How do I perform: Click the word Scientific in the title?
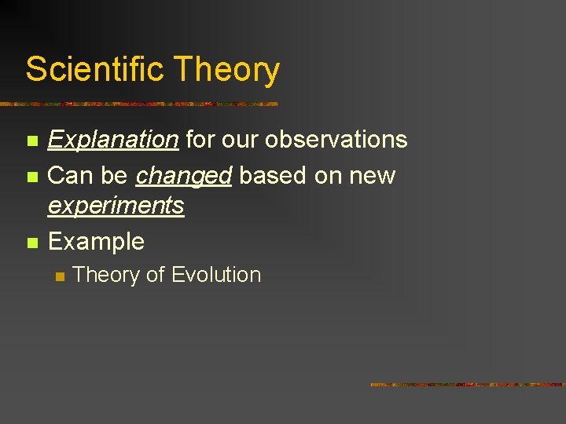point(95,69)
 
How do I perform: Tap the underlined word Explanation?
point(113,140)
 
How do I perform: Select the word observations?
point(336,140)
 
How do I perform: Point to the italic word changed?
point(183,176)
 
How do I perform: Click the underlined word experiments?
point(116,206)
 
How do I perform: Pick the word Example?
point(96,241)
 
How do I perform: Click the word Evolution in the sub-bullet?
point(215,275)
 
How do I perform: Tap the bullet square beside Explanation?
point(31,141)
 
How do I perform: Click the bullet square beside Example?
point(31,243)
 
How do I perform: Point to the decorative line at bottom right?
point(467,385)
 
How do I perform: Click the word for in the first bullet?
point(199,140)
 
